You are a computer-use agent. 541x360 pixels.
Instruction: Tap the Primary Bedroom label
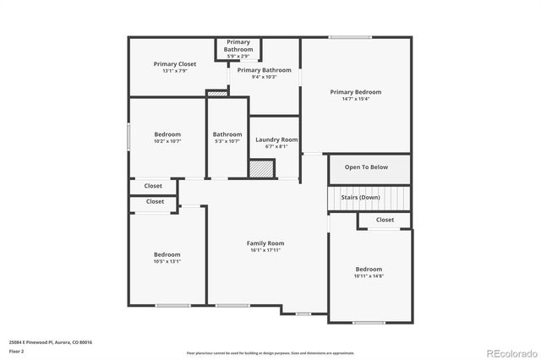point(355,92)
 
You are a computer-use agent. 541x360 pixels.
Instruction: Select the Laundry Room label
point(277,139)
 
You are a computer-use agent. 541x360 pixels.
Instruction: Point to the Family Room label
point(265,243)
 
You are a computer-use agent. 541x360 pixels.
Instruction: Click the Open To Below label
point(366,167)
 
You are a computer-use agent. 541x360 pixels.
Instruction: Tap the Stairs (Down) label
point(361,197)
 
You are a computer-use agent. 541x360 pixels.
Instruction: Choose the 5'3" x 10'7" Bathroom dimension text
point(227,141)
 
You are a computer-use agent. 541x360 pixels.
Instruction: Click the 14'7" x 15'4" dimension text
point(355,99)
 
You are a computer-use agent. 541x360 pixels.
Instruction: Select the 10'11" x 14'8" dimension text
point(369,275)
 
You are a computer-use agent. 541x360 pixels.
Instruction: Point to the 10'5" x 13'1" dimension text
point(167,261)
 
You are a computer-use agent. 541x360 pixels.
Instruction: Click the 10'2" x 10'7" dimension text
point(167,141)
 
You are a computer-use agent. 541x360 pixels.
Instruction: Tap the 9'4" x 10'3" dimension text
point(265,77)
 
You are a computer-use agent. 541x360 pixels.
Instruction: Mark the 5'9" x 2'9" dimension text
point(238,56)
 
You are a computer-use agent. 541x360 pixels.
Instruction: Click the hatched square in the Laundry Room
point(262,168)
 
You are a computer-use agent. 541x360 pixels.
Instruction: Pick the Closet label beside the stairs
point(385,220)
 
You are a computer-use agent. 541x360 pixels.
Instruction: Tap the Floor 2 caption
point(16,351)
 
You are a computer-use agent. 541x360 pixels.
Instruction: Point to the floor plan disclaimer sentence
point(270,352)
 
